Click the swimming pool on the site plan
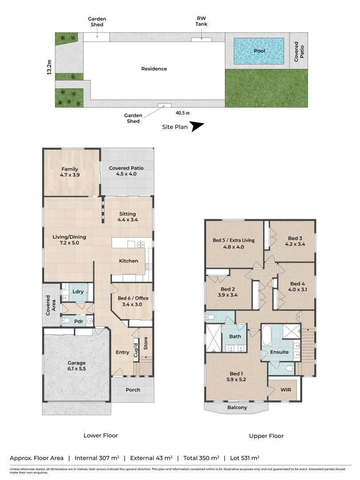[259, 51]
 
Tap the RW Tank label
[202, 21]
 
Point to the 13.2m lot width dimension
[49, 68]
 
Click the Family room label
[70, 172]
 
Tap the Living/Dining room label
[69, 240]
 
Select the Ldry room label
[78, 292]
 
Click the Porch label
[133, 390]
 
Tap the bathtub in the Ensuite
[267, 336]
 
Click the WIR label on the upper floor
[285, 389]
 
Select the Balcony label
[237, 408]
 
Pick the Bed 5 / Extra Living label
[233, 244]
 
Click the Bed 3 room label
[295, 241]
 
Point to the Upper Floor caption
[266, 436]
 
